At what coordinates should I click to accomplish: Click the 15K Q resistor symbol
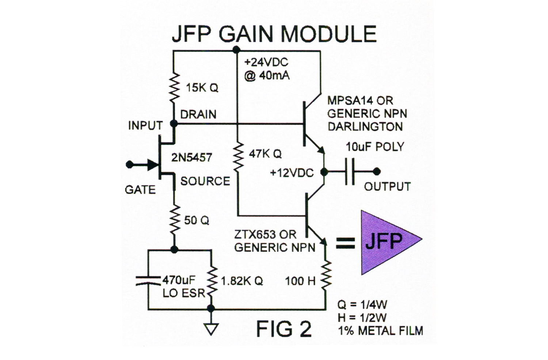click(x=174, y=88)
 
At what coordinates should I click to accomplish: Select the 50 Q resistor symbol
click(x=174, y=220)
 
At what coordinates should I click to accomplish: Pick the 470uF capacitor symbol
click(x=148, y=280)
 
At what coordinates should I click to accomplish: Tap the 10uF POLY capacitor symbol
click(x=350, y=171)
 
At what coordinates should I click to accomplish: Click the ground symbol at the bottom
click(x=211, y=329)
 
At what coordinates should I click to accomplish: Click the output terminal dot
click(x=377, y=171)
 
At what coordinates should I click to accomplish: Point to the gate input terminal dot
click(x=129, y=165)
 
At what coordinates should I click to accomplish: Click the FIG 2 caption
click(x=283, y=329)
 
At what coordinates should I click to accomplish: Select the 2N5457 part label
click(x=191, y=158)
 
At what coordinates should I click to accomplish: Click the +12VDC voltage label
click(x=292, y=173)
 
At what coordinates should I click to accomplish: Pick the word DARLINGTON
click(x=365, y=126)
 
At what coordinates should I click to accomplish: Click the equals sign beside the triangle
click(x=345, y=242)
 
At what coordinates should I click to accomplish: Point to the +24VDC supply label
click(x=266, y=62)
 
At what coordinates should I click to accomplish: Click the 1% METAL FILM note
click(x=380, y=331)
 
